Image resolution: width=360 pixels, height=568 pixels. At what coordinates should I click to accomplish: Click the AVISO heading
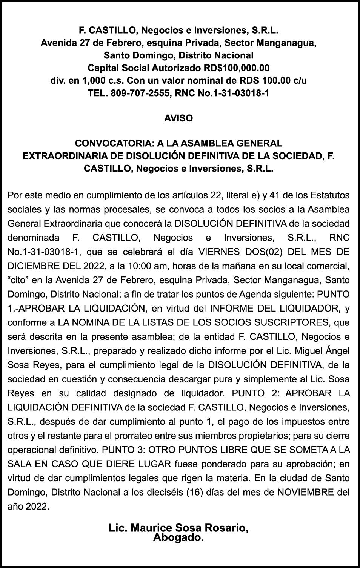(178, 118)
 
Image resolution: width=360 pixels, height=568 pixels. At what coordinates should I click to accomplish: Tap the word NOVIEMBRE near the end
(306, 493)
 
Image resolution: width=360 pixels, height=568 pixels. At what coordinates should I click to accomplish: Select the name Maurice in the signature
(148, 528)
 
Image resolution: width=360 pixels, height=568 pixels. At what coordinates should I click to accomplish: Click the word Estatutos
(330, 196)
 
